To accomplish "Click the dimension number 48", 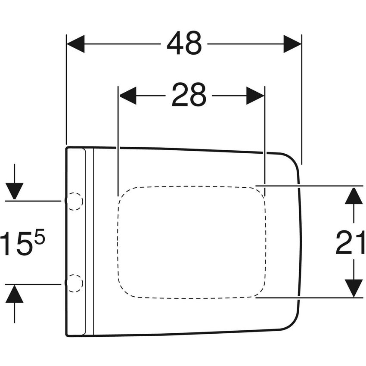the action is pyautogui.click(x=184, y=43).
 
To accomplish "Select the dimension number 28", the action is pyautogui.click(x=189, y=95).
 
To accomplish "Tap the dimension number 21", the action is pyautogui.click(x=350, y=242).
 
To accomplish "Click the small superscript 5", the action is pyautogui.click(x=39, y=236).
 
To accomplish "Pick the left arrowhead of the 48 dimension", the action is pyautogui.click(x=75, y=43).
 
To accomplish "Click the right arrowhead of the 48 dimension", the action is pyautogui.click(x=292, y=43).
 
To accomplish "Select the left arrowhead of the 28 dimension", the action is pyautogui.click(x=128, y=96).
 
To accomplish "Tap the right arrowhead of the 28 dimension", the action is pyautogui.click(x=255, y=96).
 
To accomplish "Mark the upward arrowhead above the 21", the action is pyautogui.click(x=354, y=196).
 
